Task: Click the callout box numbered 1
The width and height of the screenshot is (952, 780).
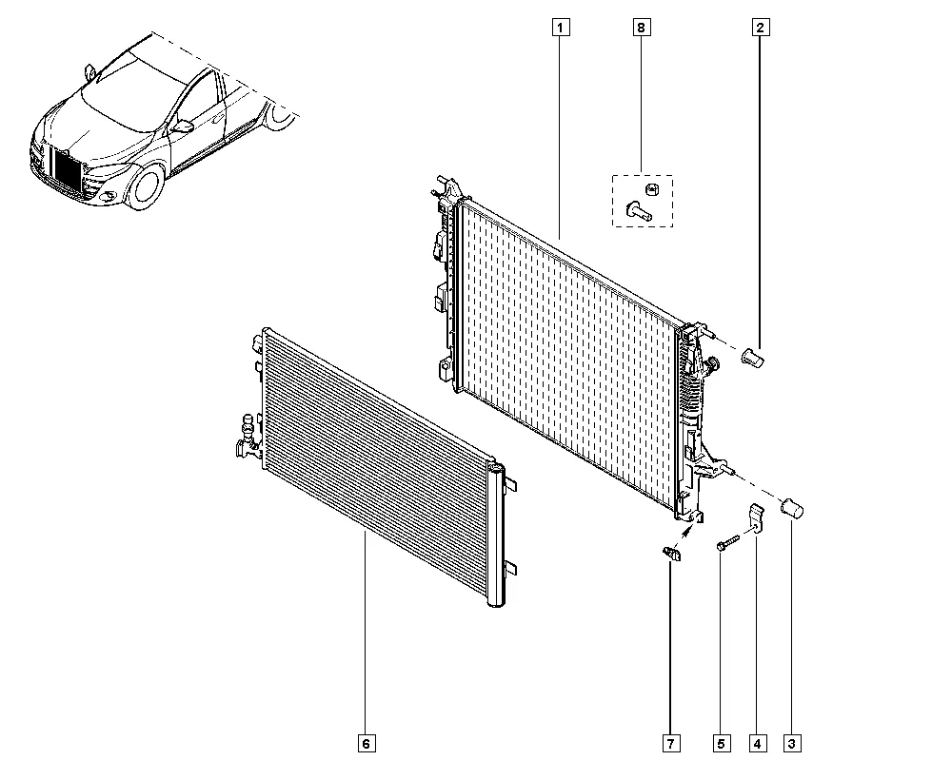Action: pos(561,28)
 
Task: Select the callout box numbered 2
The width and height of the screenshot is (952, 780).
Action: pos(761,28)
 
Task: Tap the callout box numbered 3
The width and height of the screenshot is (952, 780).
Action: pos(792,743)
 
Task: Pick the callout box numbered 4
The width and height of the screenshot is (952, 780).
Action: pos(757,743)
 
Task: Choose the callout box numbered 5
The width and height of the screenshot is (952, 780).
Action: pos(722,743)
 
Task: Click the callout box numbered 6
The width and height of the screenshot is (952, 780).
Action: pos(367,743)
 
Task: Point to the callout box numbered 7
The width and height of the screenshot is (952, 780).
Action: pos(671,743)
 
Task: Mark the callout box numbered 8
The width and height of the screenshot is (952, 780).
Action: pos(641,28)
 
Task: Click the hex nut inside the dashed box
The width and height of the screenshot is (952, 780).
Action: pos(653,189)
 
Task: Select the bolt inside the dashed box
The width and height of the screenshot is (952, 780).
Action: pos(638,211)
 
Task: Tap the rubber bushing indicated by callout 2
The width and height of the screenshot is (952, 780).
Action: pos(753,357)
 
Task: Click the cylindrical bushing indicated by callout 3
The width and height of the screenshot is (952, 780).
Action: pos(792,508)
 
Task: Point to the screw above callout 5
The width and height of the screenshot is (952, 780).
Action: pos(727,542)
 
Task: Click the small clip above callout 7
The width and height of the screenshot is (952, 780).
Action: pos(672,554)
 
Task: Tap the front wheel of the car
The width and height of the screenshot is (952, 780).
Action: pos(145,185)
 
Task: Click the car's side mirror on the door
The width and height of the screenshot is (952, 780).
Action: pos(183,127)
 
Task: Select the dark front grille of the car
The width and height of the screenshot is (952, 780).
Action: pos(67,170)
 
